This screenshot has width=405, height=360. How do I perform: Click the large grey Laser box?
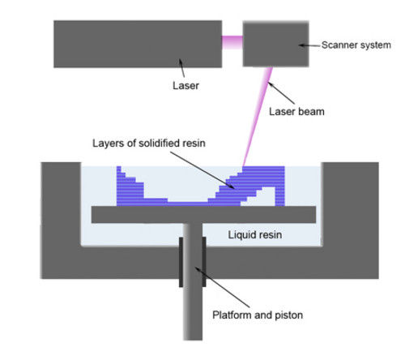tap(137, 44)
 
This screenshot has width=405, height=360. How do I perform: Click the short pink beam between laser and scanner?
tap(232, 38)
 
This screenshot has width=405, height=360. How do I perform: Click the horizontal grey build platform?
tap(202, 214)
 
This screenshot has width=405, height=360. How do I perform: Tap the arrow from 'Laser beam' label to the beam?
tap(280, 92)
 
